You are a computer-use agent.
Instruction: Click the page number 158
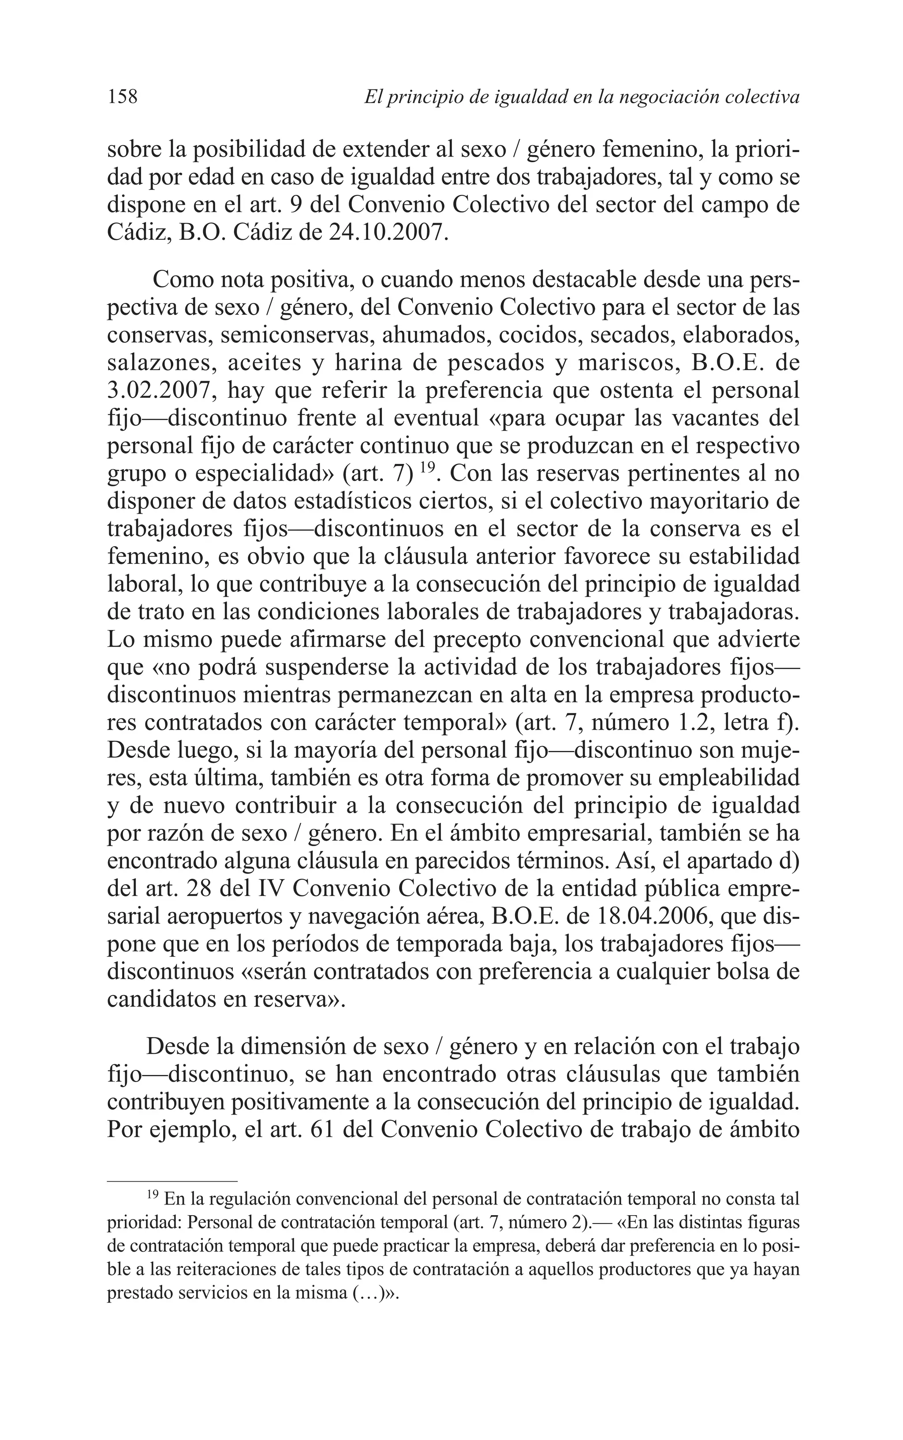tap(123, 97)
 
